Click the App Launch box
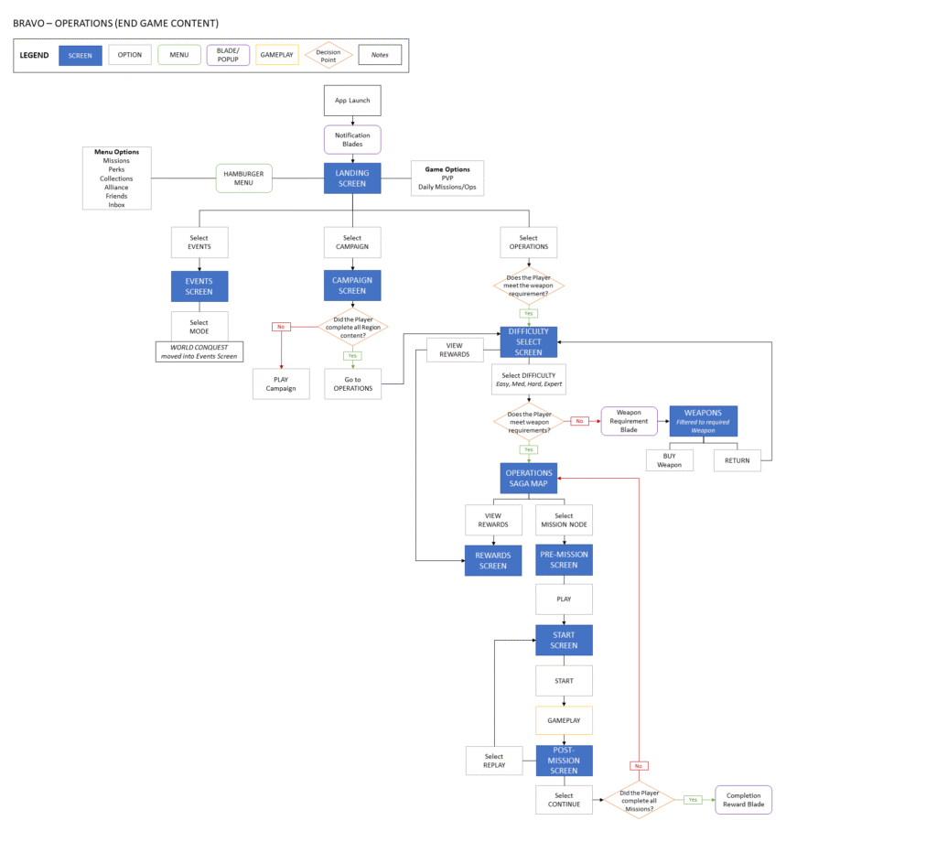(352, 101)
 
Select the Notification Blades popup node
(352, 139)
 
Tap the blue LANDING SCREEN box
(352, 178)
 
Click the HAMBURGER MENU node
(243, 178)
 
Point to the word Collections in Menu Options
(116, 178)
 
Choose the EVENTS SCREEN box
(199, 286)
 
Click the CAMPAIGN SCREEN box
(352, 286)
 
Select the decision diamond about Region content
(352, 327)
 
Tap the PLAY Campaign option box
(281, 383)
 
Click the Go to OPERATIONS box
(352, 383)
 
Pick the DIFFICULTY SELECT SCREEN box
(529, 342)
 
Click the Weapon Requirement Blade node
(629, 421)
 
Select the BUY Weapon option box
(669, 460)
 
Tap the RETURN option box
(738, 460)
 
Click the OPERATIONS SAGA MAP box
(529, 478)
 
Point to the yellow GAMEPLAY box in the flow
(564, 720)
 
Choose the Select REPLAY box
(494, 761)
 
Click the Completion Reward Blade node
(743, 800)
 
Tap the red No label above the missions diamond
(639, 766)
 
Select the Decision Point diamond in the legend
(328, 56)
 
